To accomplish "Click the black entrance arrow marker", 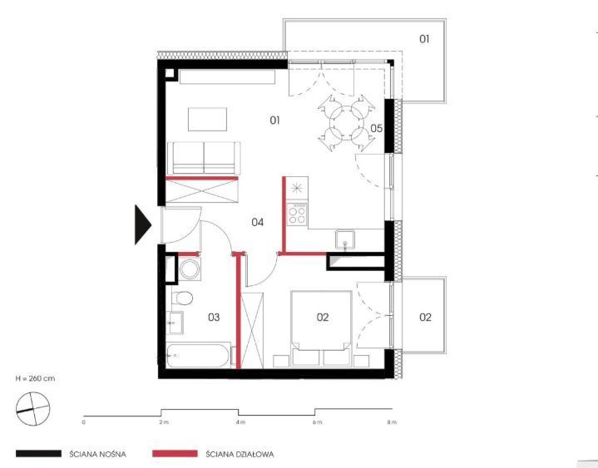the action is pyautogui.click(x=142, y=224).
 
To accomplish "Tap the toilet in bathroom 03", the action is pyautogui.click(x=182, y=298).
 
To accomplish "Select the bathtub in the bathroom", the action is pyautogui.click(x=198, y=356).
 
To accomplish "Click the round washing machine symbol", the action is pyautogui.click(x=190, y=269).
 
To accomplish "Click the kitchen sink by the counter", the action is pyautogui.click(x=345, y=239).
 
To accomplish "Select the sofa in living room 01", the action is pyautogui.click(x=204, y=158).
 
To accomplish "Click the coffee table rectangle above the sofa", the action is pyautogui.click(x=207, y=120).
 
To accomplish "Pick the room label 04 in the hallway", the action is pyautogui.click(x=258, y=222).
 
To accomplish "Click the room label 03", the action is pyautogui.click(x=214, y=317).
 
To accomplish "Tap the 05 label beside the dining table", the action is pyautogui.click(x=377, y=129).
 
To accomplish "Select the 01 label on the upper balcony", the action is pyautogui.click(x=424, y=39).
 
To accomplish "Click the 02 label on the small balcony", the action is pyautogui.click(x=425, y=317).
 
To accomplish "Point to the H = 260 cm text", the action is pyautogui.click(x=35, y=378).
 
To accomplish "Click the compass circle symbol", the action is pyautogui.click(x=32, y=409).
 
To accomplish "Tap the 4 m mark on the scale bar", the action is pyautogui.click(x=240, y=422).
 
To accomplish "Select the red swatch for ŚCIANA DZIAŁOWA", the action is pyautogui.click(x=175, y=454).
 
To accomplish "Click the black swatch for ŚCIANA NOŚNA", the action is pyautogui.click(x=38, y=454).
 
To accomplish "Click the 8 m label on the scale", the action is pyautogui.click(x=392, y=422).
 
